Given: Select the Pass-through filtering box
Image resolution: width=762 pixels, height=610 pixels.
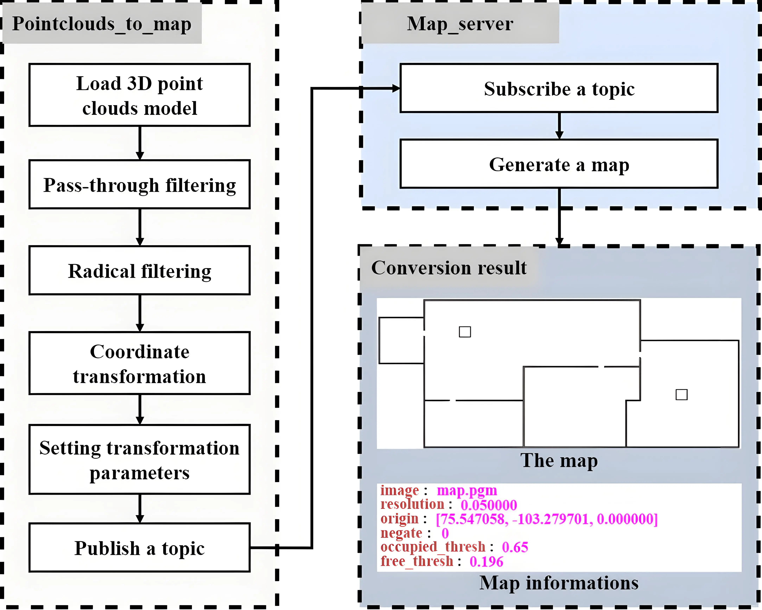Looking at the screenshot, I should click(x=140, y=185).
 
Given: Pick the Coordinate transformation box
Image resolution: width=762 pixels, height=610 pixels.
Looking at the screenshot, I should click(x=140, y=363).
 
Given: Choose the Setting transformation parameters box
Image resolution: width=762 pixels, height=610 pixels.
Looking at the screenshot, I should click(x=140, y=459).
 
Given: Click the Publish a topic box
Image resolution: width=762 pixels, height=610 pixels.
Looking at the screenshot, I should click(x=140, y=547).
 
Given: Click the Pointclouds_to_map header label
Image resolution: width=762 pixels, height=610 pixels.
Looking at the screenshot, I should click(x=102, y=24).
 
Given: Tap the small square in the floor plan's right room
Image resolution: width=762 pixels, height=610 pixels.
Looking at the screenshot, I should click(x=681, y=394).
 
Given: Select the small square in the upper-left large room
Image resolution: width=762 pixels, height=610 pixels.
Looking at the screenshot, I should click(x=465, y=332).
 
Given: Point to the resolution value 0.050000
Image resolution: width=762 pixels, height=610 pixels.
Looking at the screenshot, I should click(x=489, y=505).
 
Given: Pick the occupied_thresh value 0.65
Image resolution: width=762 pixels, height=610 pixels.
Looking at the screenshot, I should click(x=515, y=547).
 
